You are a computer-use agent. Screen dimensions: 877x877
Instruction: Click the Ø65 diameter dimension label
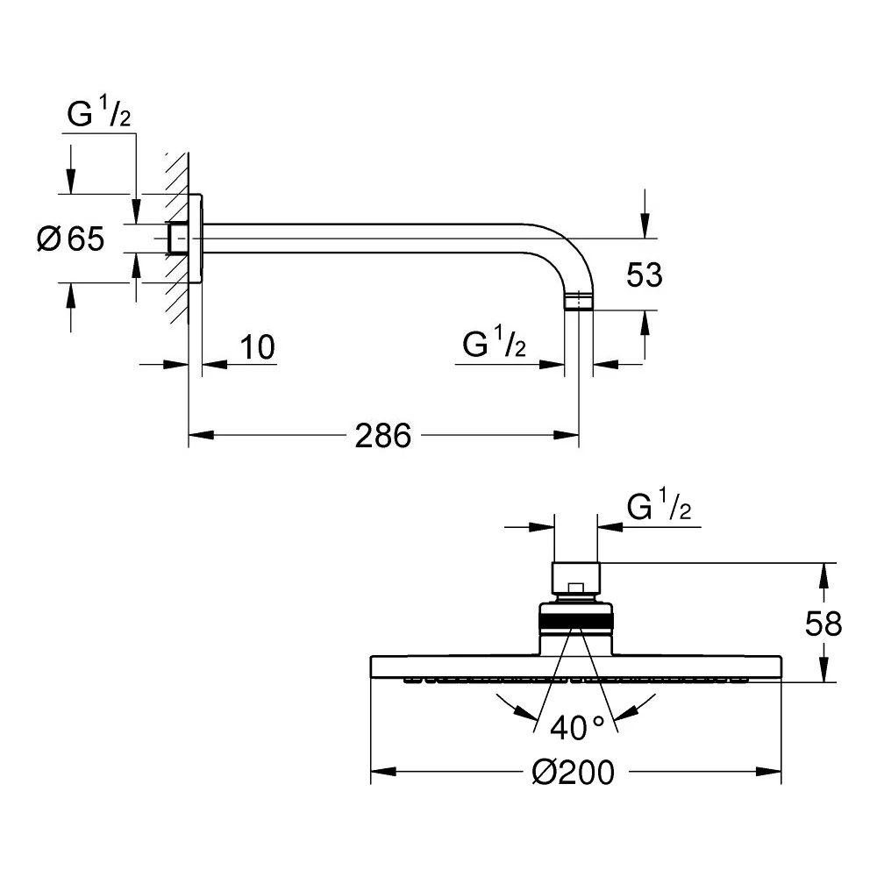(x=70, y=239)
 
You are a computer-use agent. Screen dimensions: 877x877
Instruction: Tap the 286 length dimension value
(x=383, y=436)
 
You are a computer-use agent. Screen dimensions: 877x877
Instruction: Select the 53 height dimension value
(x=645, y=275)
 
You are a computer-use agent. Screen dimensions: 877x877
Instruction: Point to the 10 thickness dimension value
(x=257, y=347)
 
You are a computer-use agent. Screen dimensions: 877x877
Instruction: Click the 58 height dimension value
(x=824, y=624)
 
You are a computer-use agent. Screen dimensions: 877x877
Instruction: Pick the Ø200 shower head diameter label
(x=574, y=773)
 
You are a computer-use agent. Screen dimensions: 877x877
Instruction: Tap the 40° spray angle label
(x=577, y=728)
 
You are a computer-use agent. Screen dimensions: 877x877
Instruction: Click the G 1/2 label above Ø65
(x=99, y=111)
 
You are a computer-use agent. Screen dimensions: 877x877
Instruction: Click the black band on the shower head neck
(x=576, y=621)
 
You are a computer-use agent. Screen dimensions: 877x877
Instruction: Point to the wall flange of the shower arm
(x=196, y=239)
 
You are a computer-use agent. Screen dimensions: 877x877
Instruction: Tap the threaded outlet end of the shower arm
(x=578, y=301)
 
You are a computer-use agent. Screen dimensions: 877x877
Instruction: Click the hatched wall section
(x=177, y=239)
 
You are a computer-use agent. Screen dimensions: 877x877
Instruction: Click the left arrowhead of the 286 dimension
(x=202, y=435)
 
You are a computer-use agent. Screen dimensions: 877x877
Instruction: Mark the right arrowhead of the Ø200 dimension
(x=768, y=772)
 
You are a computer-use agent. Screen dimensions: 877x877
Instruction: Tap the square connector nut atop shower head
(x=576, y=580)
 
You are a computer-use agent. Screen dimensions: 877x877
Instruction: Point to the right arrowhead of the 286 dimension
(x=566, y=435)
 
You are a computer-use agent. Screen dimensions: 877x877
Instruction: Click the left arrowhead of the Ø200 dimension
(x=384, y=772)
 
